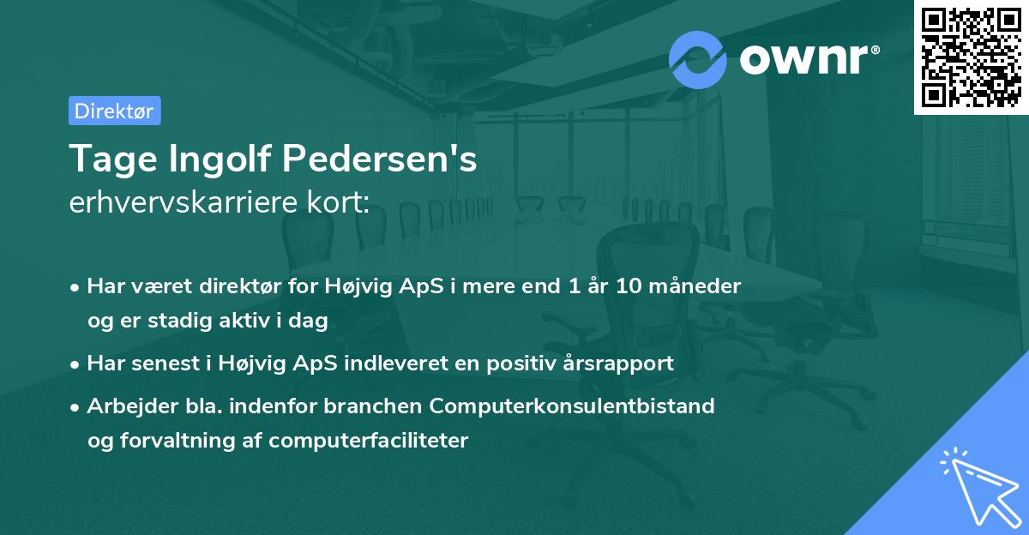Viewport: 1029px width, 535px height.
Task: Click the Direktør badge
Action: pyautogui.click(x=114, y=111)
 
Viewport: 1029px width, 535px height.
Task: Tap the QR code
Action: pyautogui.click(x=970, y=57)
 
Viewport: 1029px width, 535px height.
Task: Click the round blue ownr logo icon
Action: pyautogui.click(x=698, y=59)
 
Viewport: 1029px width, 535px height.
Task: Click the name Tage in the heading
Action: pyautogui.click(x=107, y=159)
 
